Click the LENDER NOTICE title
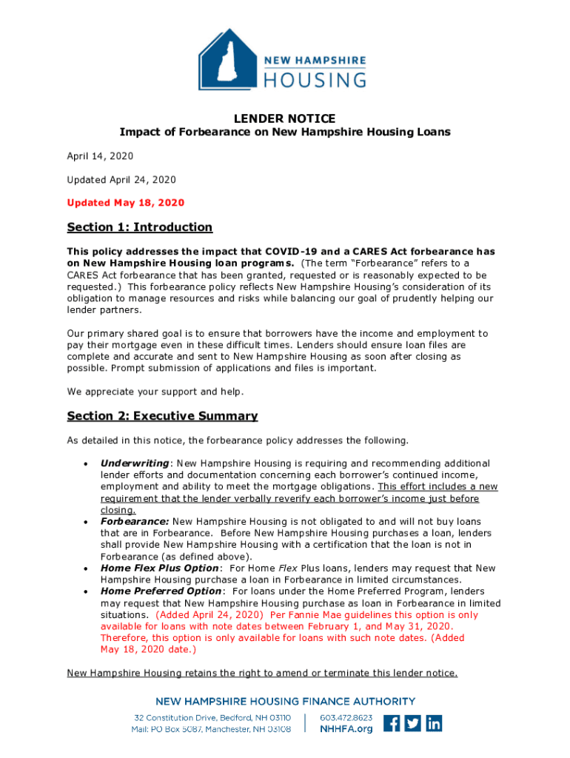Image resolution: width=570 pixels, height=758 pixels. point(285,118)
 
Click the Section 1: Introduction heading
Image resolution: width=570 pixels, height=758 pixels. point(139,227)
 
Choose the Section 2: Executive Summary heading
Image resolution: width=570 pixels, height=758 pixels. point(162,416)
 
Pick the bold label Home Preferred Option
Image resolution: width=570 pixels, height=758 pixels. point(161,591)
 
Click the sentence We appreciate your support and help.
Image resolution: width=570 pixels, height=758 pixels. point(155,392)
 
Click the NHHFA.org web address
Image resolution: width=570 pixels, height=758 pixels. point(346,729)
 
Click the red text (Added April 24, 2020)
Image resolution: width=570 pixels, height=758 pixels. point(209,615)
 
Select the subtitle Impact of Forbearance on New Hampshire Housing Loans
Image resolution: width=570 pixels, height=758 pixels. point(285,133)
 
